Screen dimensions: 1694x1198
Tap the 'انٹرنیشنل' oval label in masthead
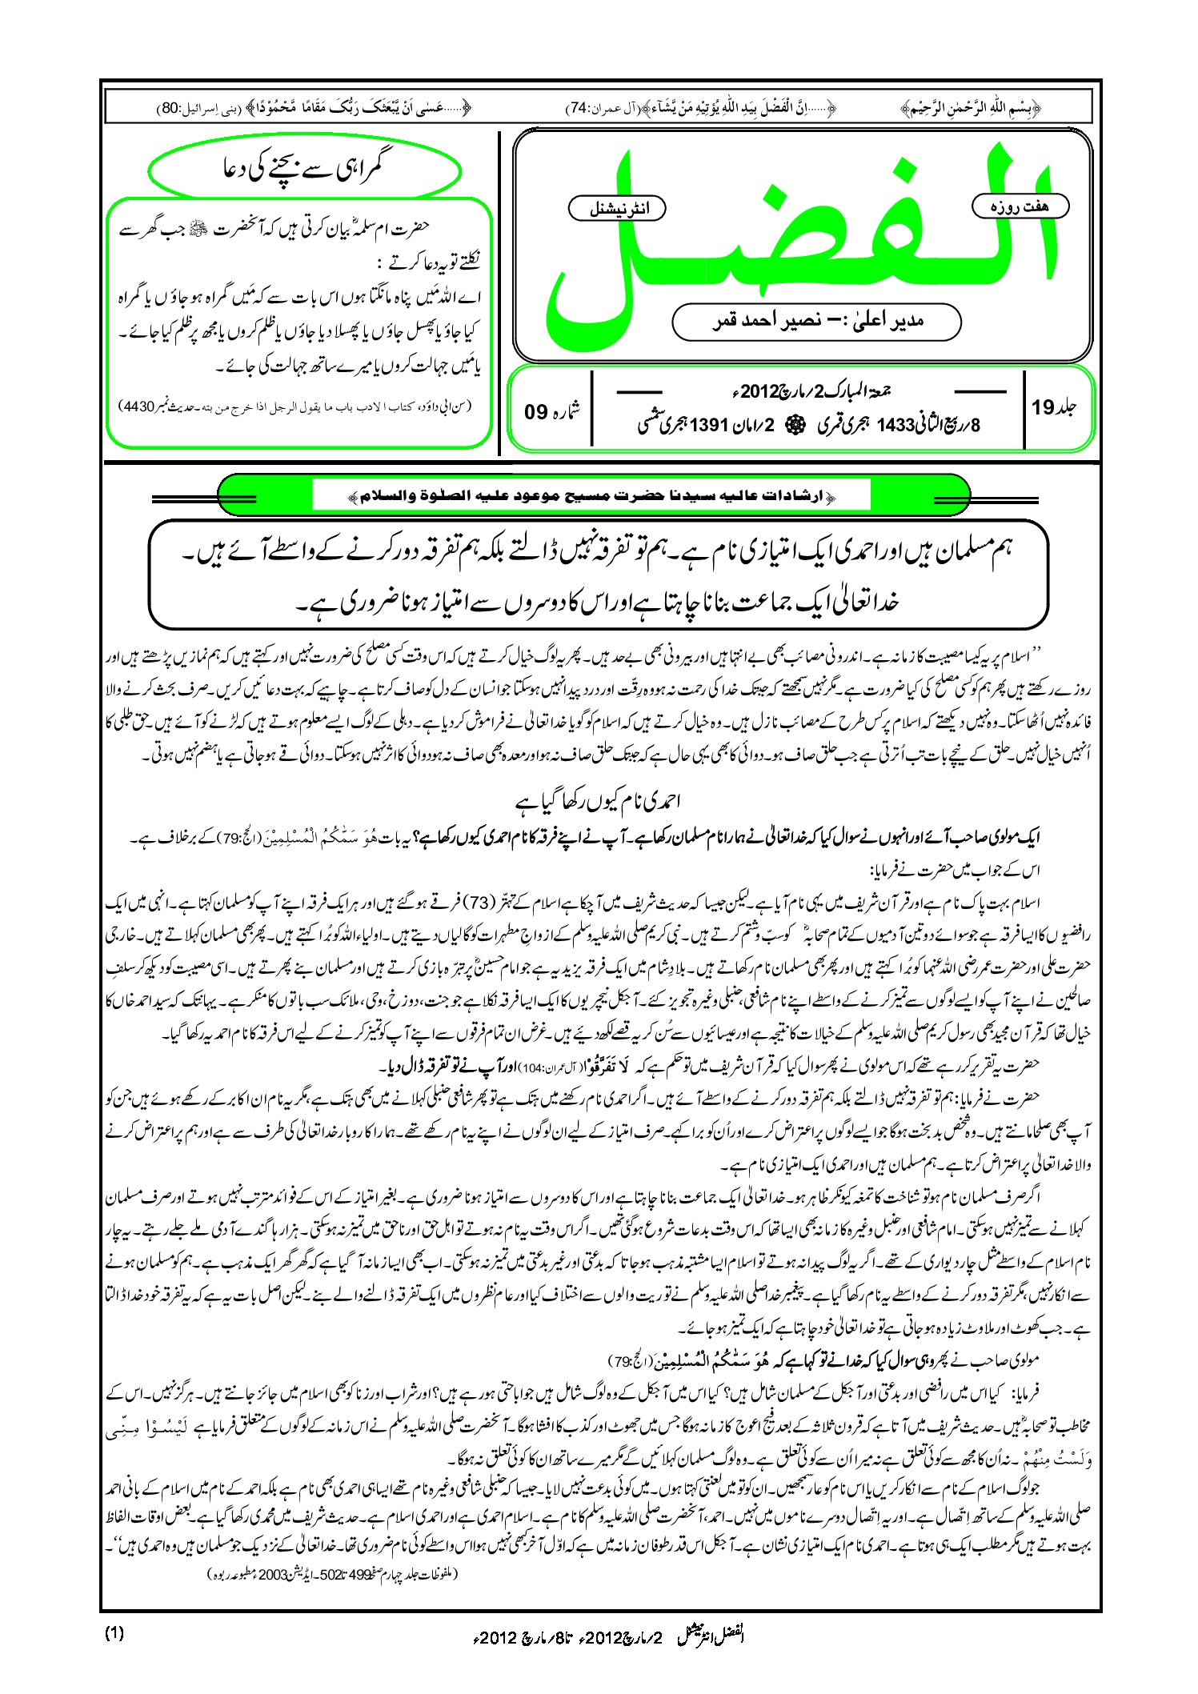coord(617,209)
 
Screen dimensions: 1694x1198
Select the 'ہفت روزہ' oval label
coord(1021,206)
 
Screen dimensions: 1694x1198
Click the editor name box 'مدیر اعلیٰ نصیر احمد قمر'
coord(816,322)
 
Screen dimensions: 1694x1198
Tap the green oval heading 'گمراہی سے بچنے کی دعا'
coord(305,170)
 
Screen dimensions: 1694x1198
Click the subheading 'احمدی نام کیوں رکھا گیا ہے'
coord(599,800)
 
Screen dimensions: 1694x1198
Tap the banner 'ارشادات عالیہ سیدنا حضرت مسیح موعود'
coord(594,497)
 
